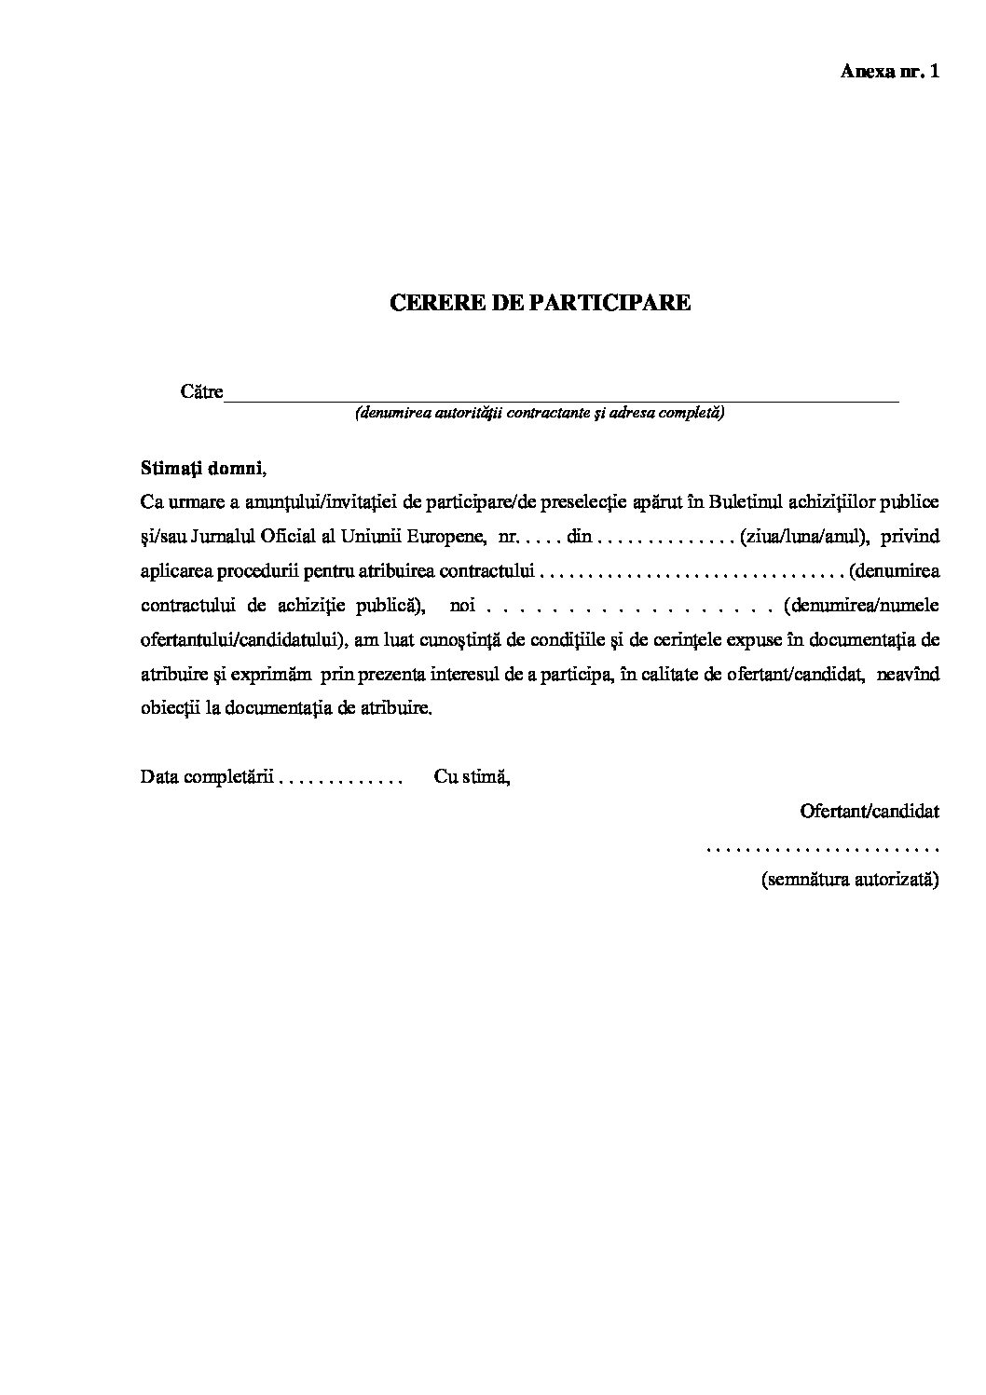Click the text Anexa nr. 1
(x=889, y=72)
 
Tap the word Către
(x=201, y=392)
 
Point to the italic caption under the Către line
(x=540, y=413)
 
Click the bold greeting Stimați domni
(x=201, y=467)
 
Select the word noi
(x=462, y=606)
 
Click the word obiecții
(x=168, y=708)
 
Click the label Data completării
(x=206, y=776)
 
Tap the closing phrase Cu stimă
(x=472, y=776)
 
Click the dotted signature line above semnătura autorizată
(x=822, y=848)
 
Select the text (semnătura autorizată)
(x=850, y=880)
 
